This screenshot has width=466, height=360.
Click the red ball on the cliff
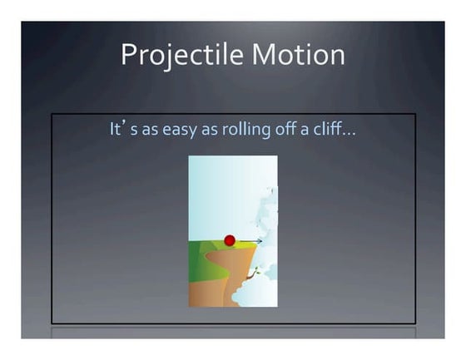coord(230,240)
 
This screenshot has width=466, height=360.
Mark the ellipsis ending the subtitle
coord(350,134)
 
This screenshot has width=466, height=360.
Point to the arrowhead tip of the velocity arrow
coord(262,241)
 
